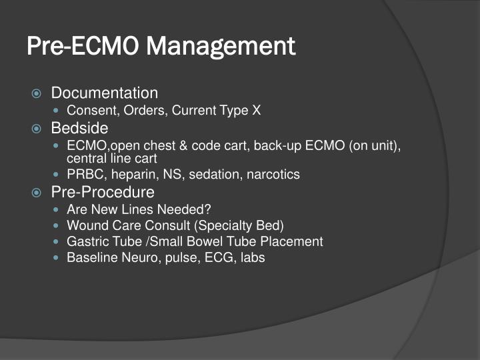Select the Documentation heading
click(x=105, y=93)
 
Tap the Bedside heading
click(x=79, y=127)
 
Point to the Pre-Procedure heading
click(x=103, y=193)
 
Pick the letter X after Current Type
click(x=256, y=111)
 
